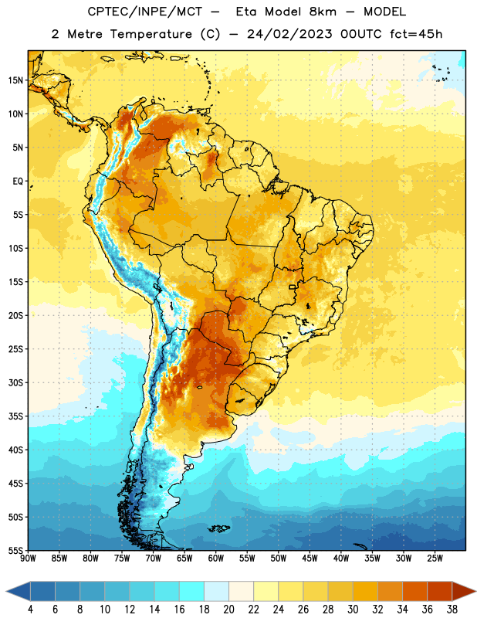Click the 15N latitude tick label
click(x=15, y=80)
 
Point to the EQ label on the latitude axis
click(x=18, y=182)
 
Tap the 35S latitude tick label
click(x=15, y=416)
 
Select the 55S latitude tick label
click(x=15, y=550)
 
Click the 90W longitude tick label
click(x=28, y=559)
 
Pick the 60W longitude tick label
click(x=216, y=559)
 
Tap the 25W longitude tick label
click(x=435, y=559)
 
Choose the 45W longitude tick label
click(x=310, y=559)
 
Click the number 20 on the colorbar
click(x=228, y=610)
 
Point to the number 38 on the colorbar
click(x=452, y=610)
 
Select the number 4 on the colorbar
click(x=30, y=610)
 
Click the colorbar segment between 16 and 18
click(x=192, y=591)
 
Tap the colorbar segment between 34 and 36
click(x=415, y=591)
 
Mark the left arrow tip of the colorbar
click(x=6, y=591)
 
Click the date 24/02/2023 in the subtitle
click(x=289, y=34)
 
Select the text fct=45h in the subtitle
click(x=416, y=34)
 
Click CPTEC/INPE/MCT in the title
click(x=145, y=12)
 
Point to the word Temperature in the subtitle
click(x=151, y=34)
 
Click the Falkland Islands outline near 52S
click(x=219, y=528)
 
